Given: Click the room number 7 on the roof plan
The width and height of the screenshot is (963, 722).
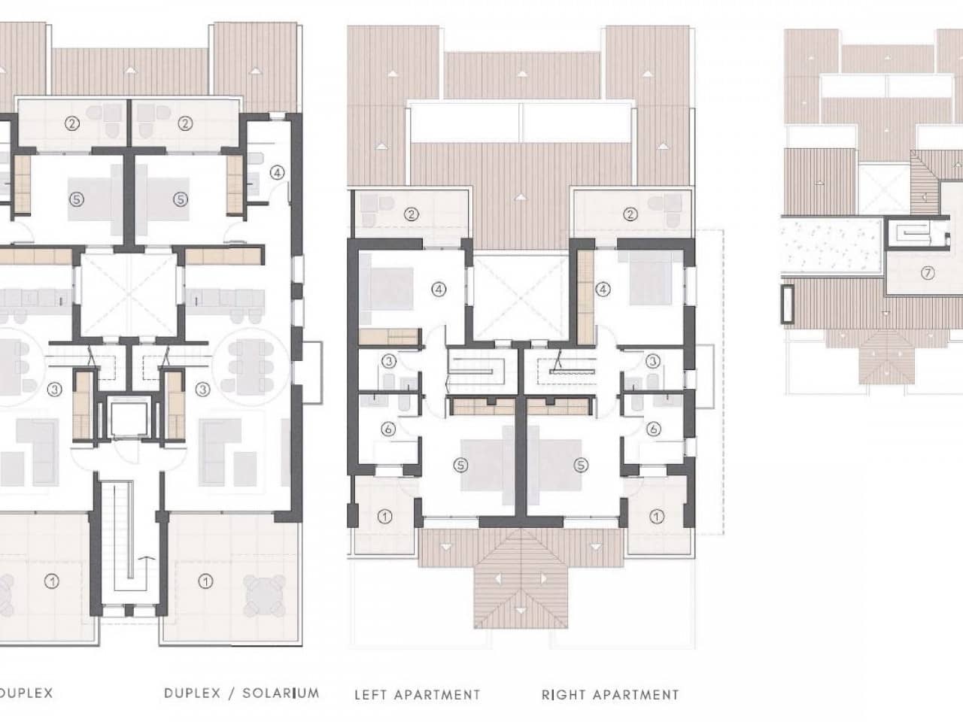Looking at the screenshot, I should [927, 275].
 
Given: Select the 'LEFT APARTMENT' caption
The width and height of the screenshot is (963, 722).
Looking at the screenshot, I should [417, 695].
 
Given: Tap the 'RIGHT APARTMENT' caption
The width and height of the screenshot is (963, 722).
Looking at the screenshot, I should [610, 695].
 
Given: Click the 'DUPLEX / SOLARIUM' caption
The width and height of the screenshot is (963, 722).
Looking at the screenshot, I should [242, 693].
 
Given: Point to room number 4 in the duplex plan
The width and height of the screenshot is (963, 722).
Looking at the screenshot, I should [278, 172].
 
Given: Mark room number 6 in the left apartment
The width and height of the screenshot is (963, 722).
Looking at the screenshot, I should [388, 429].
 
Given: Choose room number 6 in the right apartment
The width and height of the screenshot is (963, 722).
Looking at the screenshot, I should [654, 429].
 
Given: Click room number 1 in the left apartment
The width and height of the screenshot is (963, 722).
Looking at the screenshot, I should [384, 517].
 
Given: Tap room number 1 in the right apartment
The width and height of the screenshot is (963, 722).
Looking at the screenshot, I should [657, 517].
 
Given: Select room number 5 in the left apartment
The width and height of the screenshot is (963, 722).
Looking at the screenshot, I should [460, 465].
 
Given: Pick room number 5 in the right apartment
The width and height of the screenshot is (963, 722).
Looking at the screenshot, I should [580, 465].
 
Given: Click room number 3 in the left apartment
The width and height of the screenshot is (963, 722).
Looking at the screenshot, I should [388, 361].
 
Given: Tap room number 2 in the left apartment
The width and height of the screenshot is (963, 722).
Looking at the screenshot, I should [411, 214].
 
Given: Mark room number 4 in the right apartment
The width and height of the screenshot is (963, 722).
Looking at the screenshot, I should [603, 287].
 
